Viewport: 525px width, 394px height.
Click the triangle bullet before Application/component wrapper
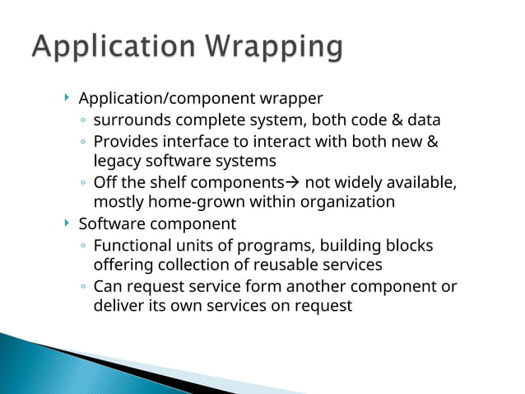pyautogui.click(x=67, y=99)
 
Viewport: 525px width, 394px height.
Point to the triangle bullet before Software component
pyautogui.click(x=67, y=223)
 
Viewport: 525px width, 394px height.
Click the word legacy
pyautogui.click(x=116, y=161)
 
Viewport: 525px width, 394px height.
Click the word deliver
pyautogui.click(x=117, y=306)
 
